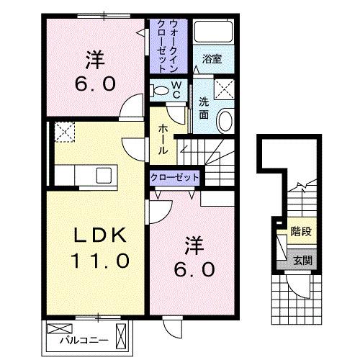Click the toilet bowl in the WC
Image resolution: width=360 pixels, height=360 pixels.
point(159,91)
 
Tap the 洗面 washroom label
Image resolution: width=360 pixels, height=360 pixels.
point(204,107)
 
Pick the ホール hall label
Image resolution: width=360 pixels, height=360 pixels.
point(163,138)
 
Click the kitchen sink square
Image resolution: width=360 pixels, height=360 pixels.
point(102,175)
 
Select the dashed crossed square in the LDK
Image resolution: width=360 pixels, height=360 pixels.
point(64,132)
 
